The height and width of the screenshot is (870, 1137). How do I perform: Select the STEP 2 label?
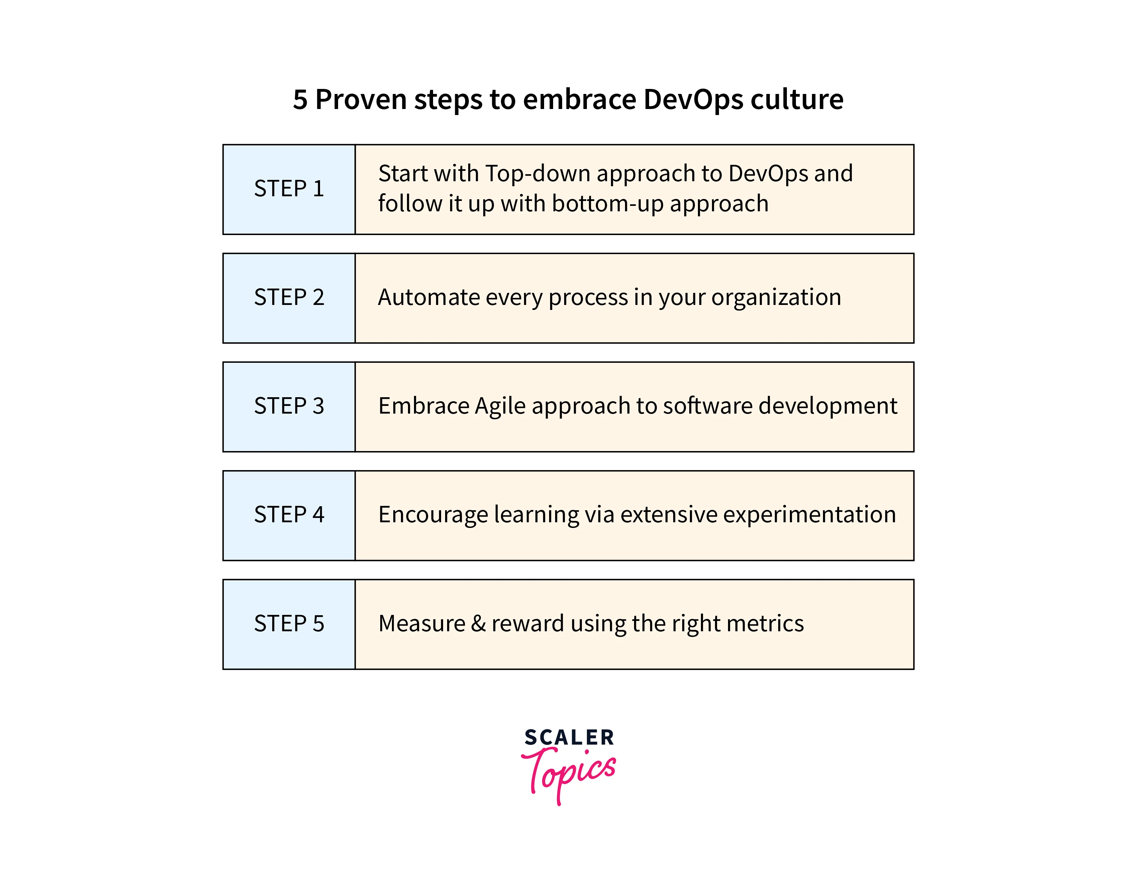point(289,297)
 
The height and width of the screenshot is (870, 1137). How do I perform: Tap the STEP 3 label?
point(289,406)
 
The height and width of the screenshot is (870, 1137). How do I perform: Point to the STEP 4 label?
point(289,515)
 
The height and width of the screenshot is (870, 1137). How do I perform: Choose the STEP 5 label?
point(289,624)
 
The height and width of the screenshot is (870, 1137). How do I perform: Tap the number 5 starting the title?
point(300,99)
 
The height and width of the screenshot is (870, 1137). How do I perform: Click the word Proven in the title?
point(361,99)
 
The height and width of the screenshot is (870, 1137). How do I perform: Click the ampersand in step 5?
point(479,624)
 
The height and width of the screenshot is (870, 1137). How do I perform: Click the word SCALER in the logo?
point(569,738)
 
